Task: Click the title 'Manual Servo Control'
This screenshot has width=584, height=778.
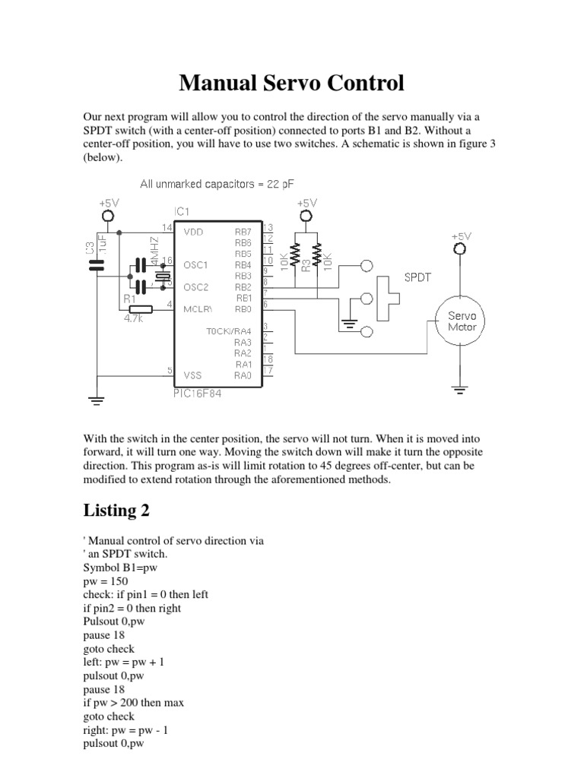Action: tap(291, 83)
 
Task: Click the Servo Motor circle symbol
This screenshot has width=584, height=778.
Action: tap(460, 321)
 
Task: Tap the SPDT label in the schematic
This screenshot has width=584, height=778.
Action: tap(417, 277)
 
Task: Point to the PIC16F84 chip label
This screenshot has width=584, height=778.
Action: tap(198, 393)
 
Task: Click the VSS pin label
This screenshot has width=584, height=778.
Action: tap(193, 375)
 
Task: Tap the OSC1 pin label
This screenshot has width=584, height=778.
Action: tap(195, 264)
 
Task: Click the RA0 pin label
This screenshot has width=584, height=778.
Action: tap(243, 375)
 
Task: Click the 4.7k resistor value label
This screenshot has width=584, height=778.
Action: tap(134, 320)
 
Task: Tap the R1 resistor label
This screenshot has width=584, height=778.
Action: tap(129, 299)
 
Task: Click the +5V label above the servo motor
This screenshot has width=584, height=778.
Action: tap(460, 236)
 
